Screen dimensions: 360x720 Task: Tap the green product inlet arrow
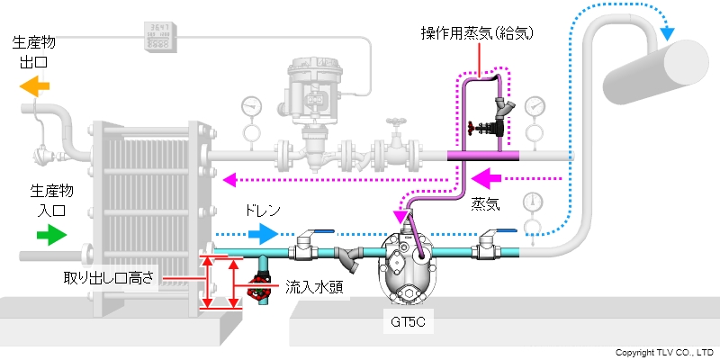click(x=50, y=235)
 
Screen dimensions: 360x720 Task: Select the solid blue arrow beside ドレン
click(x=263, y=234)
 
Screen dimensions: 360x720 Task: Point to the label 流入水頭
click(x=310, y=287)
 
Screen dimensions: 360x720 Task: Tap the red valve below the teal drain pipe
click(x=263, y=290)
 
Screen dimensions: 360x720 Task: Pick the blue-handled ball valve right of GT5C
click(x=489, y=243)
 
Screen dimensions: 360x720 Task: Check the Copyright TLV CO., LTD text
click(x=665, y=352)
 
